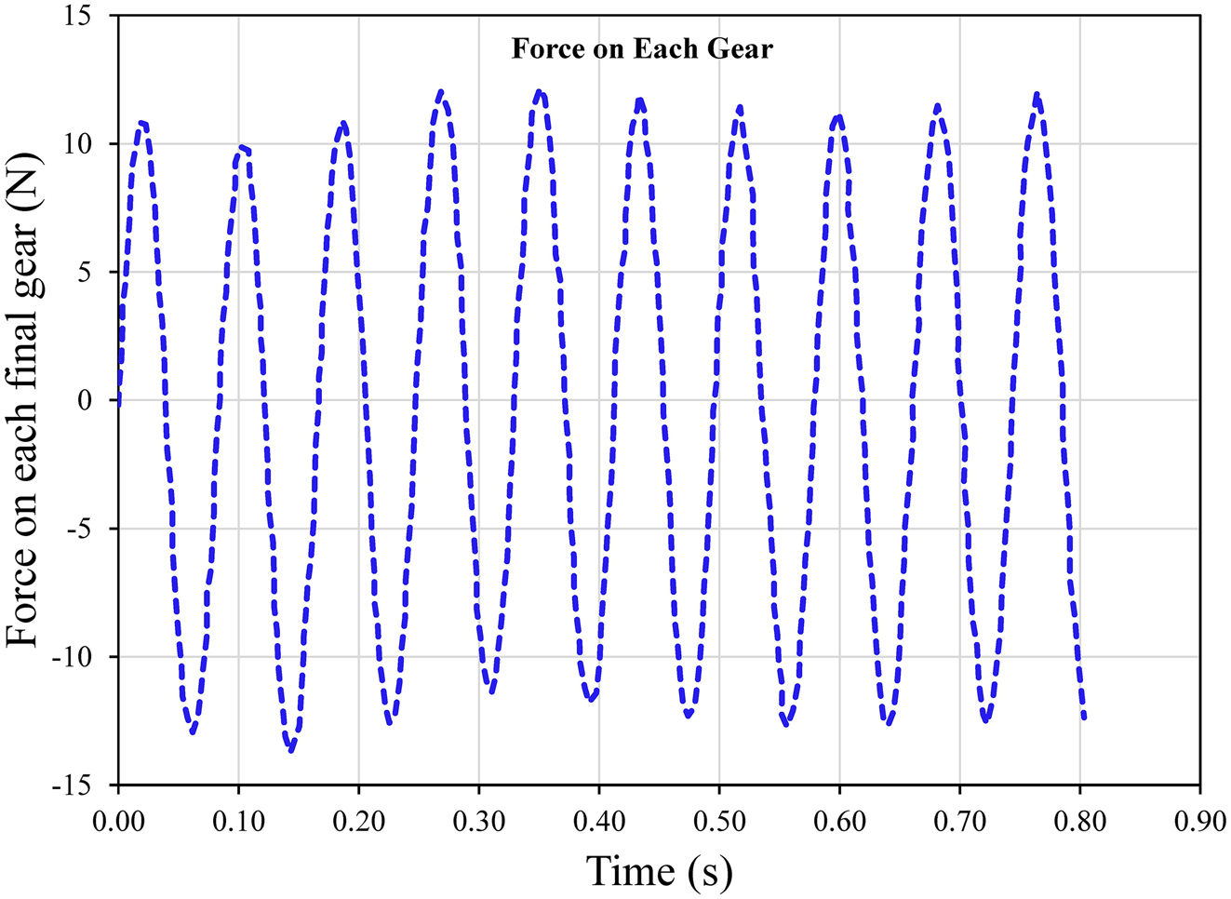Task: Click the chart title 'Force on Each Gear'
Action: click(642, 48)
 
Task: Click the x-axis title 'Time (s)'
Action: click(659, 872)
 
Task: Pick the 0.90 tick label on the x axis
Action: click(1199, 822)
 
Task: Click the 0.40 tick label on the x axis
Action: click(598, 822)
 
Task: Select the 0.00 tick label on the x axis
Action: click(119, 822)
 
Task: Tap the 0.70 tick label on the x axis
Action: click(959, 822)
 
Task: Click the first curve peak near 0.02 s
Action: click(141, 122)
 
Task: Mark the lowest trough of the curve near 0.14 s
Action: click(291, 750)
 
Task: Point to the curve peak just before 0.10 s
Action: click(241, 146)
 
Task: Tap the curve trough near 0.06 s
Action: click(192, 732)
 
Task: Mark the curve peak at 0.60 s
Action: click(838, 115)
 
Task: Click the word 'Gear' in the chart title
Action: click(740, 48)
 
